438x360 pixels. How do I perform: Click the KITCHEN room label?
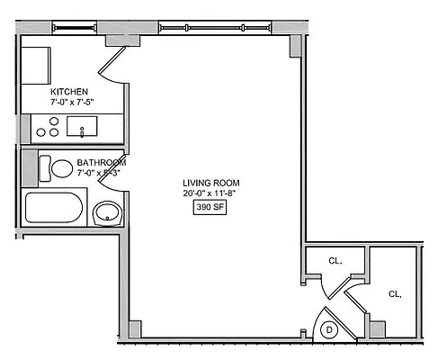point(68,93)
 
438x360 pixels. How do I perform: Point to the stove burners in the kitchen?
point(48,127)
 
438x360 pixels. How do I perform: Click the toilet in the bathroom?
point(61,168)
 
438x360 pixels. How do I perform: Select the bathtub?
point(54,208)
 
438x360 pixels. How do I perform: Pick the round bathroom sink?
point(108,213)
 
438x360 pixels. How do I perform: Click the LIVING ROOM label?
point(212,183)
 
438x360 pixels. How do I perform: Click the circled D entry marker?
point(329,330)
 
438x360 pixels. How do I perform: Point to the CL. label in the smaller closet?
point(335,260)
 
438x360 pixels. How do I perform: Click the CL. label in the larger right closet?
point(394,293)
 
